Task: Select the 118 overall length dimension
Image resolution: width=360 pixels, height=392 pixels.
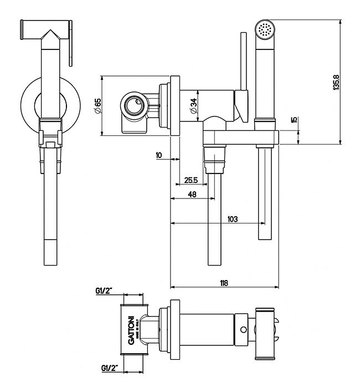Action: (x=224, y=283)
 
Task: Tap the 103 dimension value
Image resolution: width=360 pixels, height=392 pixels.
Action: (x=233, y=219)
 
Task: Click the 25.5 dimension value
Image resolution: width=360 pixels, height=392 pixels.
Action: (x=191, y=179)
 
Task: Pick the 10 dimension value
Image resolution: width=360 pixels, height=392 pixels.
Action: (x=160, y=155)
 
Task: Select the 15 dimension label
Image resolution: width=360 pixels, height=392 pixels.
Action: (x=294, y=120)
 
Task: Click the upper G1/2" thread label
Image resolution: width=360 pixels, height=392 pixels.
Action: (x=105, y=291)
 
